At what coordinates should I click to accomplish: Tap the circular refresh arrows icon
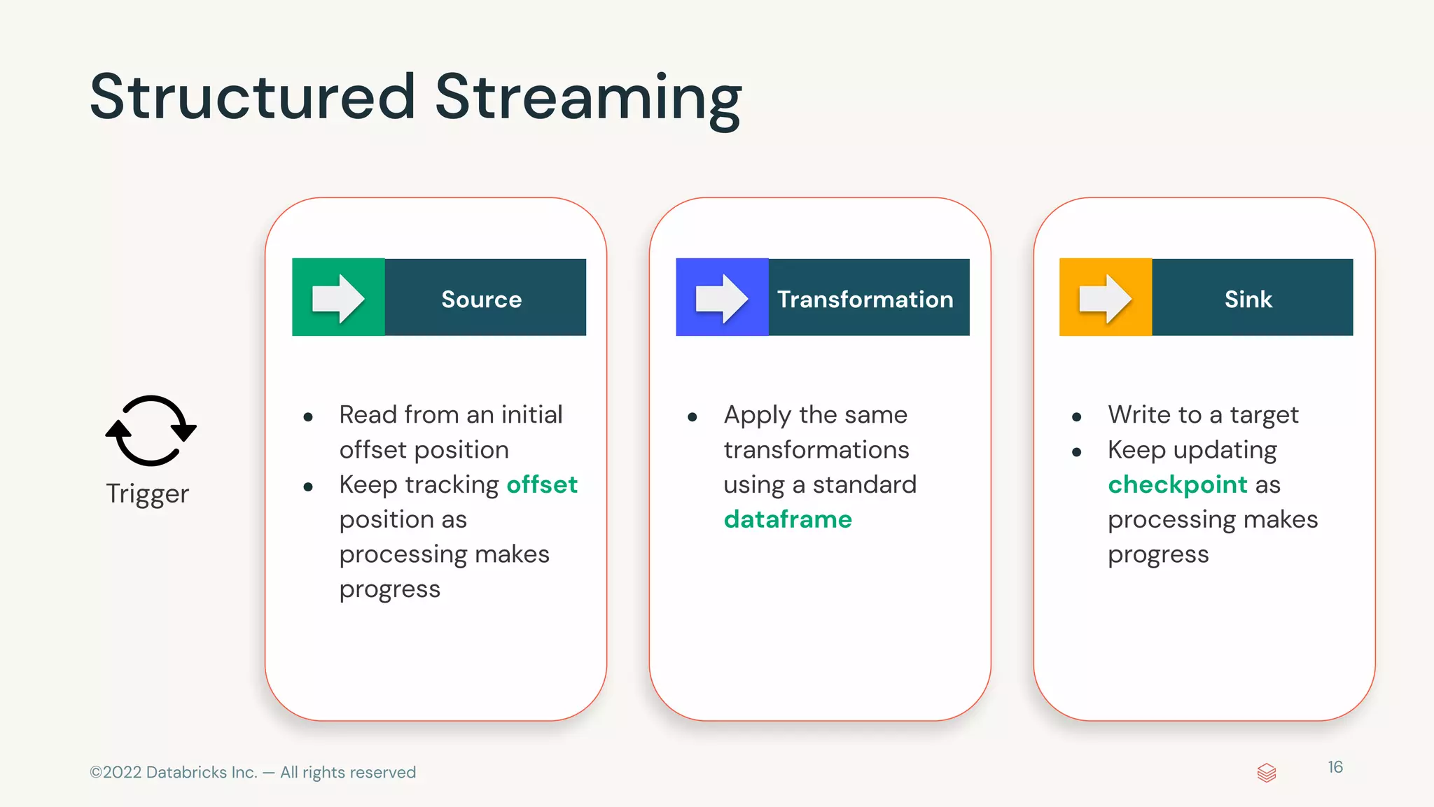[151, 430]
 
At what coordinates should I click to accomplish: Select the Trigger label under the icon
[148, 493]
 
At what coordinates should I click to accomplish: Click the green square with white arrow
[338, 297]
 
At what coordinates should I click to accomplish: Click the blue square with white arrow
[722, 297]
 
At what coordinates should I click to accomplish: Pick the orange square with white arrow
[1106, 297]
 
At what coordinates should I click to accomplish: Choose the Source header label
[482, 299]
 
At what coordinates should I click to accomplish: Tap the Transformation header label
[865, 299]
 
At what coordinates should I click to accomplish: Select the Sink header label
[1248, 299]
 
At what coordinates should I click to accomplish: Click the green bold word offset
[542, 484]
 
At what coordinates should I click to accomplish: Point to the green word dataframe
[788, 519]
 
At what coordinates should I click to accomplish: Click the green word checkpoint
[1178, 484]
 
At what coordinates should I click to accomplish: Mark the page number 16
[1335, 767]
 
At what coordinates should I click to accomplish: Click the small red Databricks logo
[1267, 773]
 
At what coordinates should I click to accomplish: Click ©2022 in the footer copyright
[116, 772]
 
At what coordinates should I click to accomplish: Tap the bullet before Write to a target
[1077, 417]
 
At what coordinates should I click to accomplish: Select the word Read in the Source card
[368, 414]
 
